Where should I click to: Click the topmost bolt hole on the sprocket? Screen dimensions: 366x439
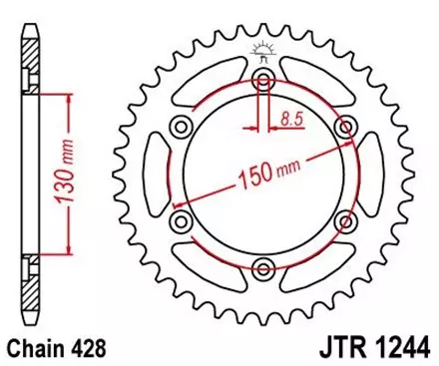click(x=262, y=79)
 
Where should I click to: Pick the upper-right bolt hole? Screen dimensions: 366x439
click(x=344, y=126)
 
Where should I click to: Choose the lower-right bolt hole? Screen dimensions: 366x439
click(x=344, y=219)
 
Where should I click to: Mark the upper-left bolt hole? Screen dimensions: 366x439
click(x=182, y=126)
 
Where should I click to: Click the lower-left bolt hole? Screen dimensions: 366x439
click(x=182, y=219)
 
